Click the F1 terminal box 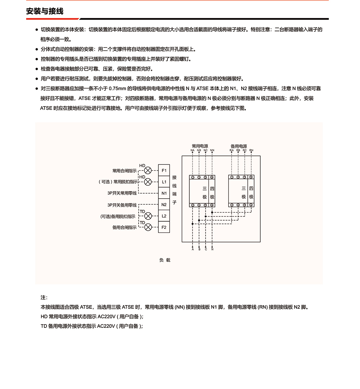pyautogui.click(x=164, y=170)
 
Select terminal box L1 pyautogui.click(x=164, y=182)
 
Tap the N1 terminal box pyautogui.click(x=164, y=193)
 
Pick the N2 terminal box pyautogui.click(x=164, y=205)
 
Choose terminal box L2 pyautogui.click(x=164, y=216)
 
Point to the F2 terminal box pyautogui.click(x=164, y=227)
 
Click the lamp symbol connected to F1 pyautogui.click(x=148, y=170)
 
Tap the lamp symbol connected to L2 pyautogui.click(x=148, y=216)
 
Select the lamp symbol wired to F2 pyautogui.click(x=148, y=227)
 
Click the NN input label pyautogui.click(x=212, y=150)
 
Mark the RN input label pyautogui.click(x=251, y=150)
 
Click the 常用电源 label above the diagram pyautogui.click(x=200, y=146)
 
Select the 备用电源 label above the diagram pyautogui.click(x=239, y=146)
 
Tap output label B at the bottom pyautogui.click(x=199, y=249)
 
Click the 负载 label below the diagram pyautogui.click(x=165, y=260)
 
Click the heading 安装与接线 pyautogui.click(x=45, y=11)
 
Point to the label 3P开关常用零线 pyautogui.click(x=122, y=194)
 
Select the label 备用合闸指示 pyautogui.click(x=124, y=227)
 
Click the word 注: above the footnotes pyautogui.click(x=44, y=298)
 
